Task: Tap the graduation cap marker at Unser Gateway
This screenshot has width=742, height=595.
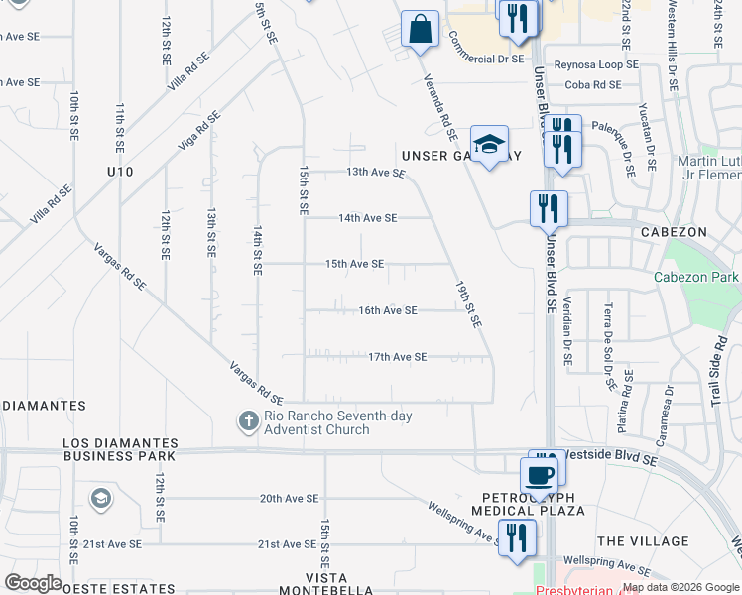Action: (489, 145)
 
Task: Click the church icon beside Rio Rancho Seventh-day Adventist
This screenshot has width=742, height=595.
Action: (248, 421)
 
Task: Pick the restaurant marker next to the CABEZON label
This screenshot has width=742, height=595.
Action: (549, 208)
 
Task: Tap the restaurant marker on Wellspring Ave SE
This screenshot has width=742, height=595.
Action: (517, 538)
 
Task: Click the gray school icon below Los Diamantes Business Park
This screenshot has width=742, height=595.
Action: (100, 497)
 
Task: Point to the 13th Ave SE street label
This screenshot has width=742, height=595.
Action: (376, 173)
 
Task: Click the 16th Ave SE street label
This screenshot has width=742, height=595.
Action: (387, 310)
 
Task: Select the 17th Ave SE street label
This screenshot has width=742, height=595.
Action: (397, 357)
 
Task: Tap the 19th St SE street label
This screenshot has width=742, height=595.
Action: (468, 303)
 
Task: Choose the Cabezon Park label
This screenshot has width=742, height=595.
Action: (696, 278)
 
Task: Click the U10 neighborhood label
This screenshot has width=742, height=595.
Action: (120, 173)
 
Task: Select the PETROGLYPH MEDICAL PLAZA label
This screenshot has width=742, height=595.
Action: (533, 503)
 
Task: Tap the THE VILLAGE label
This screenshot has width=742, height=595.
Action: (643, 541)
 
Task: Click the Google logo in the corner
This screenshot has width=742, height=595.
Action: (33, 583)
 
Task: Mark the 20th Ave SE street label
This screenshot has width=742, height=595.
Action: (289, 499)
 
